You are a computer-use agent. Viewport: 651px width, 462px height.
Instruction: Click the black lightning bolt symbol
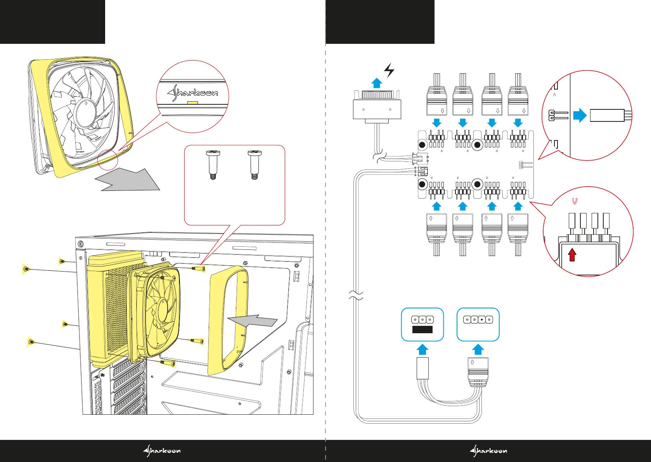[x=389, y=71]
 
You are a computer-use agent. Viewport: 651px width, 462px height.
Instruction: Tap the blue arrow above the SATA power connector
[x=377, y=83]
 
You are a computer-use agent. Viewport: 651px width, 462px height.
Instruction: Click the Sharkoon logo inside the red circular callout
[x=193, y=93]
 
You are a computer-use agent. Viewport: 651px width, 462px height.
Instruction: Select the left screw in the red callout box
[x=213, y=164]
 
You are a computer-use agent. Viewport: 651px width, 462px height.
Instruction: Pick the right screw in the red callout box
[x=255, y=164]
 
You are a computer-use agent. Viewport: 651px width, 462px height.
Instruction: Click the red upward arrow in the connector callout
[x=572, y=255]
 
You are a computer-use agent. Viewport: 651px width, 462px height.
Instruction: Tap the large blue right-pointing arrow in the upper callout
[x=580, y=115]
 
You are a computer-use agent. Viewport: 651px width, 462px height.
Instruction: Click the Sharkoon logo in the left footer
[x=162, y=451]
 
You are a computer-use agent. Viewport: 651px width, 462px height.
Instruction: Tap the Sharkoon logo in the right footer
[x=488, y=451]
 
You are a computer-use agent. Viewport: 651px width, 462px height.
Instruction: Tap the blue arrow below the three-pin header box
[x=422, y=349]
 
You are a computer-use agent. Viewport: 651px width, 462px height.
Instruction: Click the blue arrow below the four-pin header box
[x=478, y=349]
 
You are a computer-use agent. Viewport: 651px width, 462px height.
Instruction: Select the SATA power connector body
[x=377, y=109]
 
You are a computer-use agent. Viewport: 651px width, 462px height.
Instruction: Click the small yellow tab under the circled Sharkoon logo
[x=192, y=103]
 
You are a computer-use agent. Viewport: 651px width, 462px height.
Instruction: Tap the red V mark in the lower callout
[x=575, y=202]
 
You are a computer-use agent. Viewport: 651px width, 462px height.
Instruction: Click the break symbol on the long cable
[x=356, y=296]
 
